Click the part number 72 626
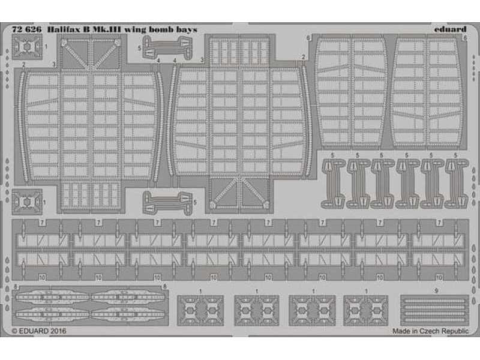pyautogui.click(x=26, y=29)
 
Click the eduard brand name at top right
pyautogui.click(x=450, y=29)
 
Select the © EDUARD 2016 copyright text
pyautogui.click(x=39, y=331)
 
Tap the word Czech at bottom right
pyautogui.click(x=429, y=331)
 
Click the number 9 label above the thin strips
pyautogui.click(x=436, y=291)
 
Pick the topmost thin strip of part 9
pyautogui.click(x=434, y=301)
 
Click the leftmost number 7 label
pyautogui.click(x=42, y=223)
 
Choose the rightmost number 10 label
pyautogui.click(x=439, y=278)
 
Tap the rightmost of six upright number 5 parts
pyautogui.click(x=457, y=184)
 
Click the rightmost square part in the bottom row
pyautogui.click(x=366, y=310)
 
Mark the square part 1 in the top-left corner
pyautogui.click(x=27, y=47)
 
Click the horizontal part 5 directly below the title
pyautogui.click(x=167, y=47)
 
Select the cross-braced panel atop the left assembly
pyautogui.click(x=91, y=53)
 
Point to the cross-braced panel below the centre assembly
pyautogui.click(x=239, y=193)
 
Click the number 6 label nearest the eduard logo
pyautogui.click(x=464, y=38)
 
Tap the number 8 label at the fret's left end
pyautogui.click(x=16, y=287)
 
